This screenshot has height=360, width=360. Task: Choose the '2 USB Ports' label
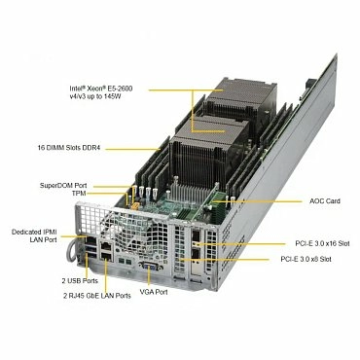point(65,279)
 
